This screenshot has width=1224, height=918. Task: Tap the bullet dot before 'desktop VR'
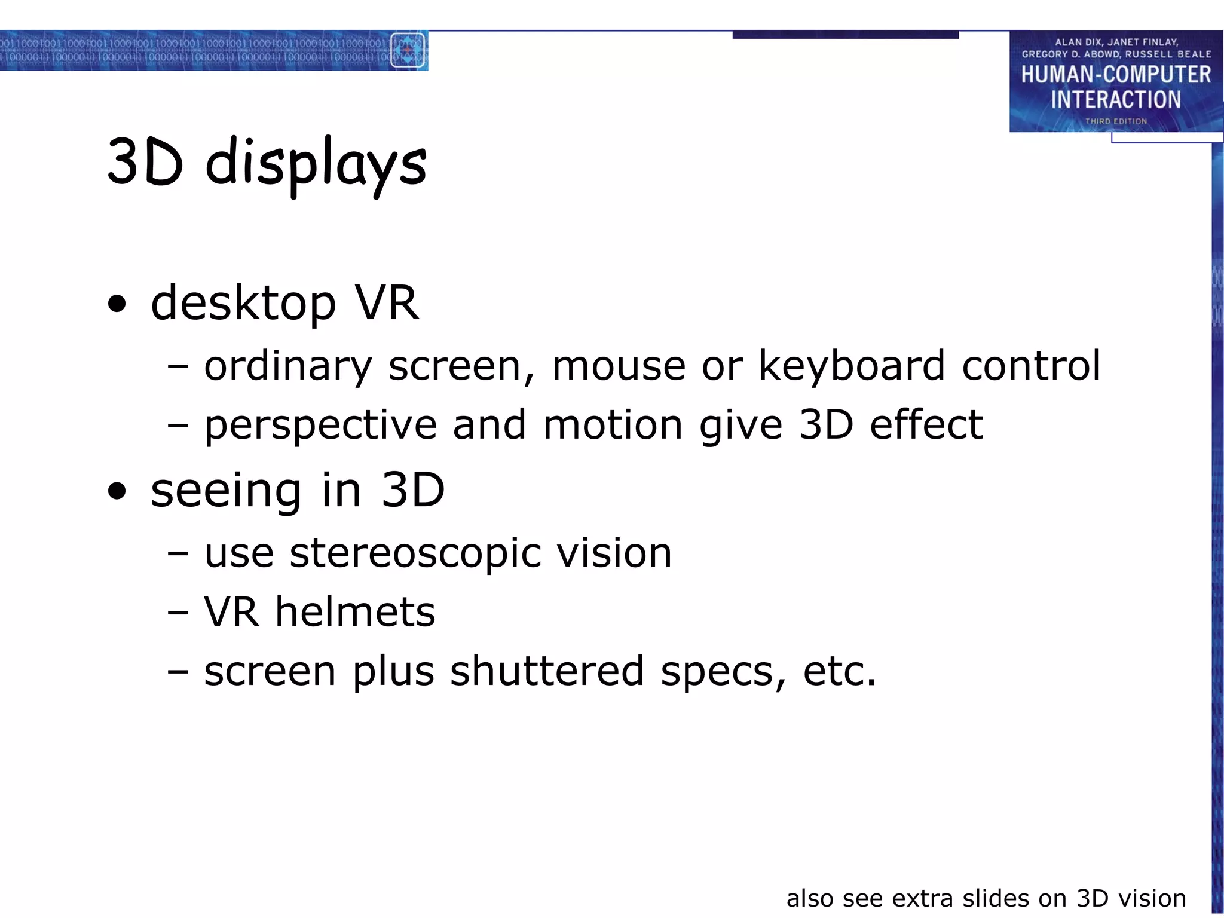point(118,304)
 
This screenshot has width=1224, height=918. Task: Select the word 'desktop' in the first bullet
point(243,303)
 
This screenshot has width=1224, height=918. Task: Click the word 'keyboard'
point(852,365)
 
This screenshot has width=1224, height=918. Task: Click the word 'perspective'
point(321,426)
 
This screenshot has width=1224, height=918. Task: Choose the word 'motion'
point(613,425)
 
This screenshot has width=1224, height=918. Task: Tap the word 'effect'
point(926,425)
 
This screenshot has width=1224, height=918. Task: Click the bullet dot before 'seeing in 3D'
point(118,491)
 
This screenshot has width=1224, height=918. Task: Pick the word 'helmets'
point(355,612)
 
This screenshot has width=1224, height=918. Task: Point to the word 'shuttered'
point(547,671)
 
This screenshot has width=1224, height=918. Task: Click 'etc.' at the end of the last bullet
point(840,671)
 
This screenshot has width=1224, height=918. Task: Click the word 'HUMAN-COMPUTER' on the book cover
point(1116,75)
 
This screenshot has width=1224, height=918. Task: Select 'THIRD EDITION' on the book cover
point(1116,121)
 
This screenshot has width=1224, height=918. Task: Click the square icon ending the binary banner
point(408,51)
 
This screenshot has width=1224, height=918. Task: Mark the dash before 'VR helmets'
point(178,613)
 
